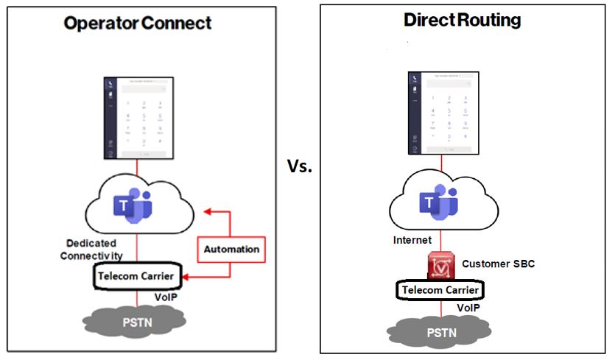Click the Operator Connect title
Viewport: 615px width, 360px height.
[x=138, y=23]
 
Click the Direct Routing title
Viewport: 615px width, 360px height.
[x=463, y=20]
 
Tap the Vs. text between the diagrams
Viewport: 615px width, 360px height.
[x=300, y=166]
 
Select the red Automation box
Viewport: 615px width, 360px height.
[x=231, y=250]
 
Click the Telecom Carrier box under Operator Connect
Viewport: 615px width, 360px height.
[x=137, y=276]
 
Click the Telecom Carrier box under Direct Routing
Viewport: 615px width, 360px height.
[x=441, y=290]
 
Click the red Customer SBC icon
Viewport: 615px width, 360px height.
[x=441, y=266]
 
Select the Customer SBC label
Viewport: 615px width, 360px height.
[x=498, y=263]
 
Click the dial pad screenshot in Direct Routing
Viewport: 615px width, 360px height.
[x=440, y=113]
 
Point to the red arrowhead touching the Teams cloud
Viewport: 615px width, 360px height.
[x=207, y=211]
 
